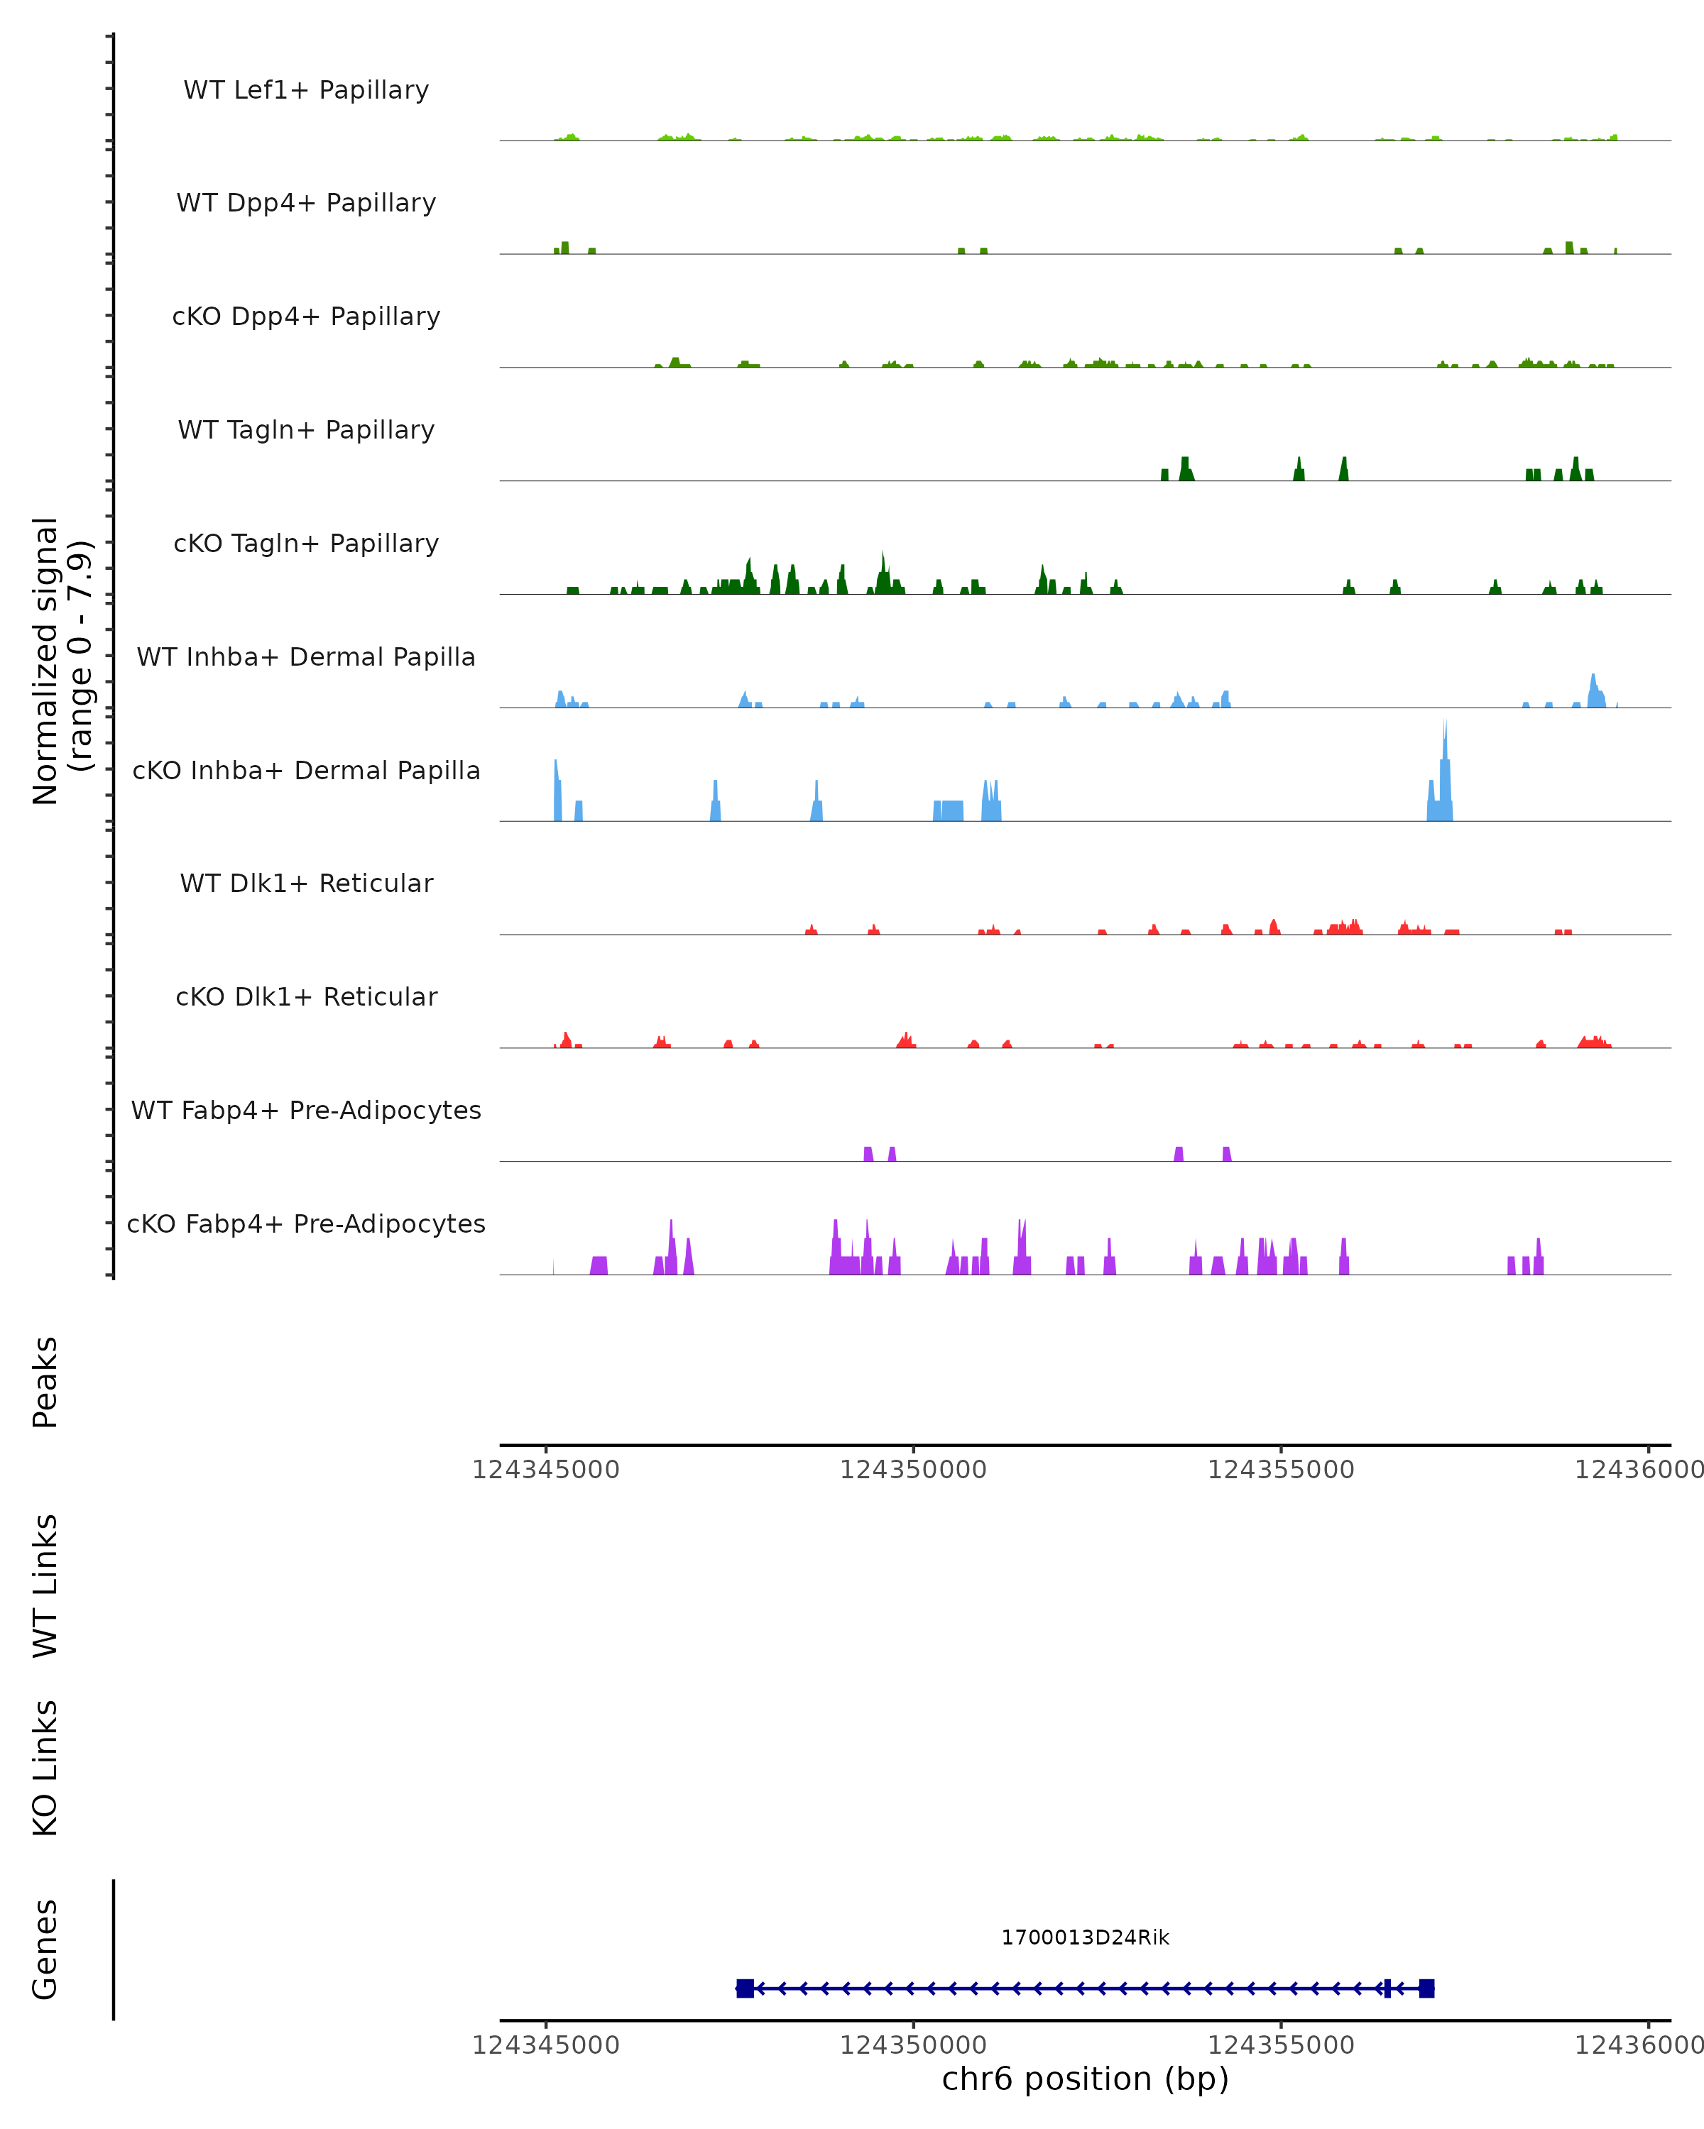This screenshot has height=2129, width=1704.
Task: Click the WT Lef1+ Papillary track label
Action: point(306,90)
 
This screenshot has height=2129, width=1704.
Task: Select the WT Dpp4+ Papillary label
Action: point(306,204)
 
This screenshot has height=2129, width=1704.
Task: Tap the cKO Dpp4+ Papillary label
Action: point(306,317)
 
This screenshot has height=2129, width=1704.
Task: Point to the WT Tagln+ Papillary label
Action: point(306,431)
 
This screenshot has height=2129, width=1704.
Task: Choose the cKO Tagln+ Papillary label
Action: point(306,544)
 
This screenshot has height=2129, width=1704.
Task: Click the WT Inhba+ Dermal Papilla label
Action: point(306,658)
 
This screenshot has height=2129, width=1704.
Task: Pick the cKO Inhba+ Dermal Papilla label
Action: point(306,771)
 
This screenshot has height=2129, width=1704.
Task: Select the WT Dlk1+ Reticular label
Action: point(306,884)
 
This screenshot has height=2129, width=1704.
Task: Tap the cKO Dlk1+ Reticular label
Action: point(306,997)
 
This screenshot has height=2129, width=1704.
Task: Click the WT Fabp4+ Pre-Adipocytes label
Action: point(306,1111)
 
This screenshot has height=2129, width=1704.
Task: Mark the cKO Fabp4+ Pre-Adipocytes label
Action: point(306,1224)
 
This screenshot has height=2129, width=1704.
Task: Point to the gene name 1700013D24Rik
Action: point(1085,1937)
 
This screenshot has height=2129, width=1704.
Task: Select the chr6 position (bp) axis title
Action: point(1085,2079)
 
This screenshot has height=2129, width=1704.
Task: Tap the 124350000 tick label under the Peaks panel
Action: point(913,1470)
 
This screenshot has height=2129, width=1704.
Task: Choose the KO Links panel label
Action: point(45,1768)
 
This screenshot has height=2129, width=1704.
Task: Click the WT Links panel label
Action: point(45,1586)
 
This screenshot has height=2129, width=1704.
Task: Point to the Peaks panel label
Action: point(45,1382)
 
